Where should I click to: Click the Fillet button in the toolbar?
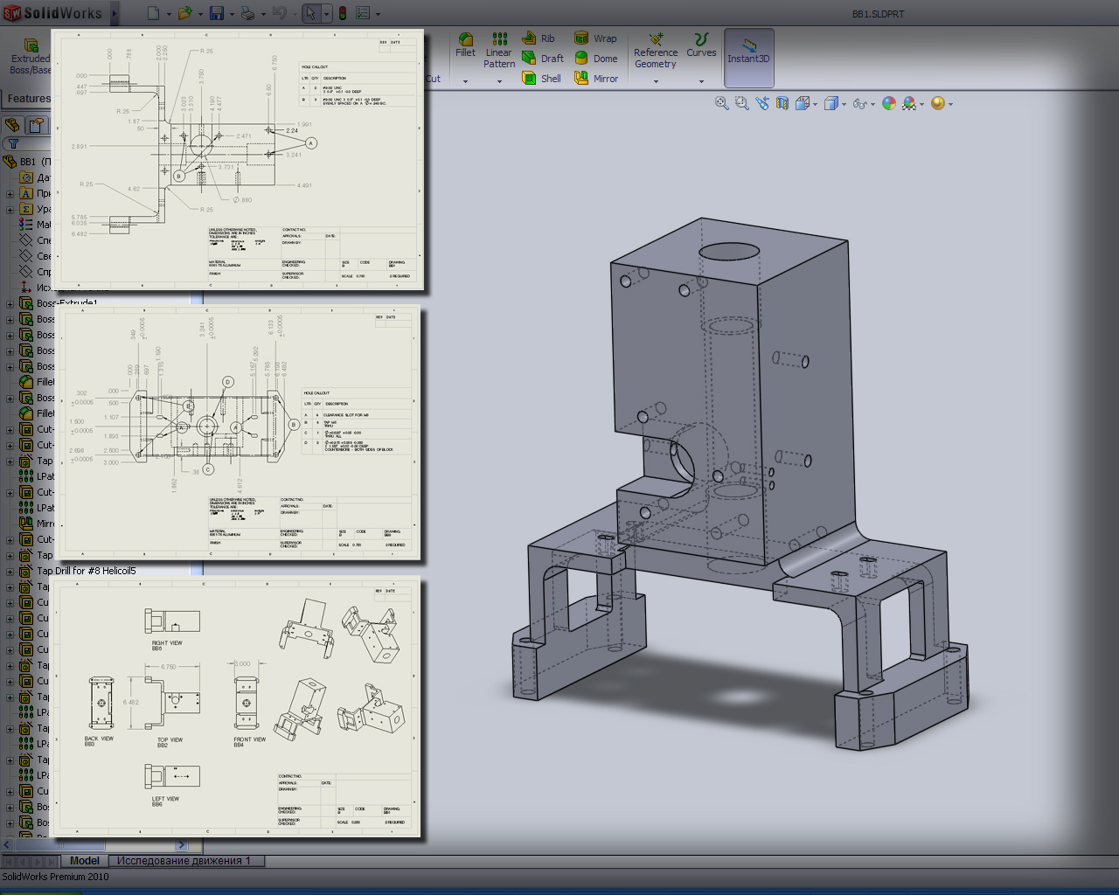click(x=465, y=45)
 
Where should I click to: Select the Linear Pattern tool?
click(x=499, y=52)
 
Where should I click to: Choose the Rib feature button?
click(x=539, y=38)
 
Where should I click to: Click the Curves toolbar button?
click(x=701, y=45)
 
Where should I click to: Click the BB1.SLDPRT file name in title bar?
click(x=879, y=14)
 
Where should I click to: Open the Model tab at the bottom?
click(x=85, y=861)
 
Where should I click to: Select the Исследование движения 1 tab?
click(x=184, y=861)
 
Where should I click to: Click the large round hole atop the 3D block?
click(x=729, y=252)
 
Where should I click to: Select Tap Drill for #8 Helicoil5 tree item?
click(x=86, y=571)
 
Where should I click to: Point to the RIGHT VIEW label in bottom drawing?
click(x=167, y=643)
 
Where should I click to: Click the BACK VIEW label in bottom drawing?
click(x=99, y=739)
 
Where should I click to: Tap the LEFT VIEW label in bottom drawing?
click(x=165, y=799)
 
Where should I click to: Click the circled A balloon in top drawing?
click(x=310, y=142)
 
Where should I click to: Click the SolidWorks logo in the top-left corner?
click(x=52, y=13)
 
